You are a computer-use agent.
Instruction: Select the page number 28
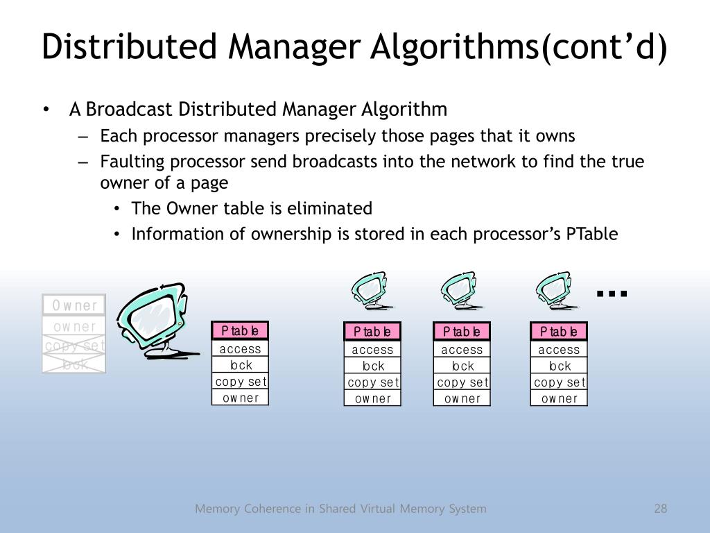660,509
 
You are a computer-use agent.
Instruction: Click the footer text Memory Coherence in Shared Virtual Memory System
340,509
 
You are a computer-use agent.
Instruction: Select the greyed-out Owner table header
74,305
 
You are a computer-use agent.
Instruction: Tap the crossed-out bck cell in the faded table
74,363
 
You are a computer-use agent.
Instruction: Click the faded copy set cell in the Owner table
74,346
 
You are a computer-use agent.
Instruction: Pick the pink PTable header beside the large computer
240,330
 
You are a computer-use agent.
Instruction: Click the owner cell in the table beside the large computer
240,398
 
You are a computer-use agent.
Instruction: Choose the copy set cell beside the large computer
240,382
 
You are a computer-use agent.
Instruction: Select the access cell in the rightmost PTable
559,350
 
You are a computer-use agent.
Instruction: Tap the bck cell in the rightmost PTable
559,366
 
